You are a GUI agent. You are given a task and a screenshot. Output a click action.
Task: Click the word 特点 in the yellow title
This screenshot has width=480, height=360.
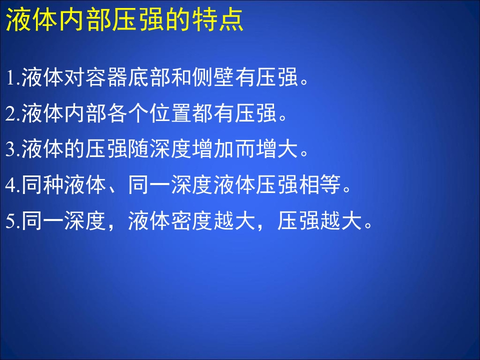222,21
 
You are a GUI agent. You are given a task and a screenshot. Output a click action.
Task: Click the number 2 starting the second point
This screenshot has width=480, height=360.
10,115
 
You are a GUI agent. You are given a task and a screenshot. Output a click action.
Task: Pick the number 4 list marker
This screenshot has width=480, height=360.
10,186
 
